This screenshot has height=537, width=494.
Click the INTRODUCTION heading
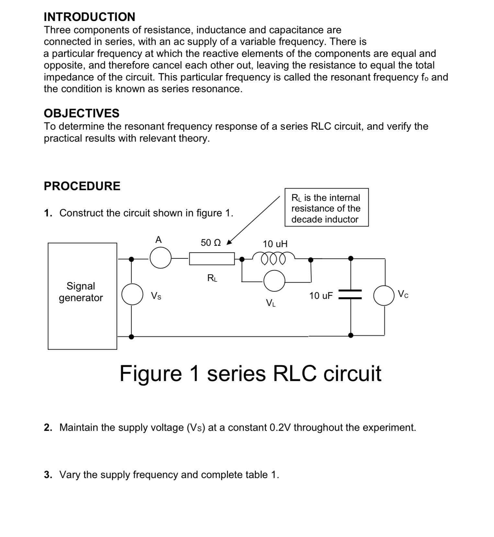tap(89, 17)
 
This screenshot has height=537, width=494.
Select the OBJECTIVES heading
tap(82, 113)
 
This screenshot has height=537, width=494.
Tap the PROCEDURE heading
tap(82, 186)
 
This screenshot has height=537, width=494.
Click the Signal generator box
tap(82, 296)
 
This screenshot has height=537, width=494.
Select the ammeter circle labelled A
tap(160, 258)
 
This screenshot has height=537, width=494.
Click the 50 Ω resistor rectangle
tap(212, 259)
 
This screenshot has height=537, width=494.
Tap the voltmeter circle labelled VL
tap(274, 281)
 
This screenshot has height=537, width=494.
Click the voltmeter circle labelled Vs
tap(132, 294)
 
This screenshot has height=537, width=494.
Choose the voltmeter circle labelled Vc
tap(384, 295)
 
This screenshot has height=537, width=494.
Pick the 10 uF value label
tap(321, 296)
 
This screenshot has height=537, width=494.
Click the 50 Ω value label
tap(211, 243)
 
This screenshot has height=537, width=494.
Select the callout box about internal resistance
tap(327, 207)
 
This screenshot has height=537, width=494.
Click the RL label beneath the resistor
tap(212, 278)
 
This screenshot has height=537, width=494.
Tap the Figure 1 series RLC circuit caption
tap(250, 373)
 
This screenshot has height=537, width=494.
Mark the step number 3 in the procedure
tap(48, 475)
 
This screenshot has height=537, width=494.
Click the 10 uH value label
tap(275, 244)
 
